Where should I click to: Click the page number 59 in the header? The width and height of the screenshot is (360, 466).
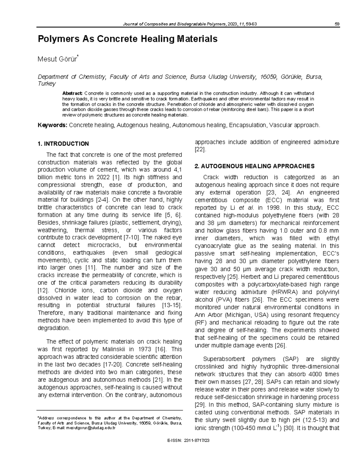point(337,24)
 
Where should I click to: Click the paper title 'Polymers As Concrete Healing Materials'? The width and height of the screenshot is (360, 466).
point(127,39)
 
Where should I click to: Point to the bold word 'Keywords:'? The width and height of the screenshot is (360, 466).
point(52,125)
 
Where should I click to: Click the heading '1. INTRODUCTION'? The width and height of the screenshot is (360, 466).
point(63,144)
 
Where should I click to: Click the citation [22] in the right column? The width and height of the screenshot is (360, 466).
point(200,149)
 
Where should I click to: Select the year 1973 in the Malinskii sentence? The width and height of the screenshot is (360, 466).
point(144,349)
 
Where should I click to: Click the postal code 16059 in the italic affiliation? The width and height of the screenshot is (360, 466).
point(268,77)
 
